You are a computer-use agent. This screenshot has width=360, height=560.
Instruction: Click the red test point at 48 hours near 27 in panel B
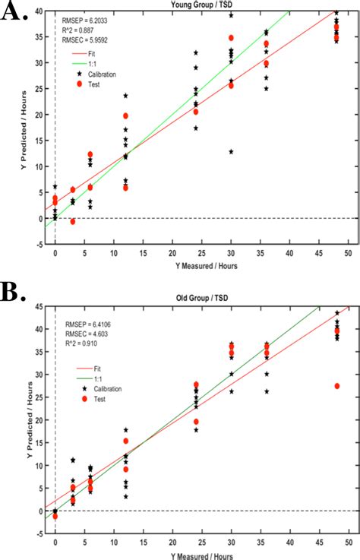coord(336,386)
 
